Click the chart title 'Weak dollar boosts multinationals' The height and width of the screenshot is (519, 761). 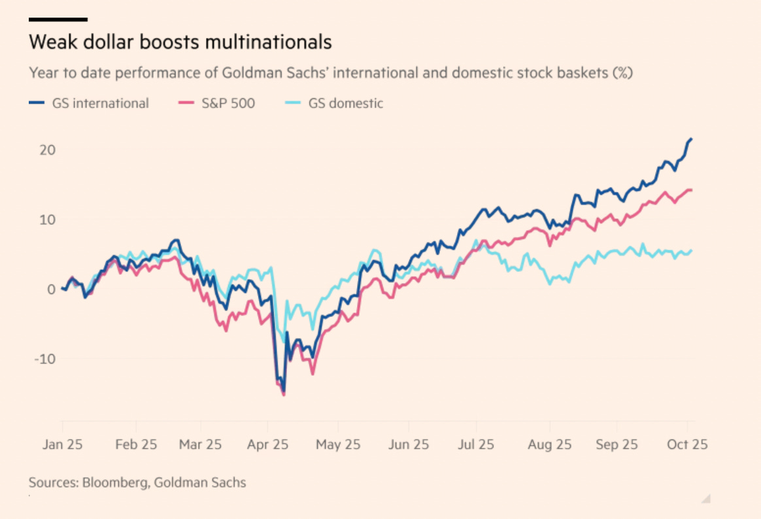[180, 42]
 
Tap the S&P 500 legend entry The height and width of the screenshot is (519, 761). [216, 103]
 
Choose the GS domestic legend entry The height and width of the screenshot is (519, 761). [336, 103]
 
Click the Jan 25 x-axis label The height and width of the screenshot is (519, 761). [62, 444]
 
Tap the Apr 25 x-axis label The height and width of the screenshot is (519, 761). [268, 444]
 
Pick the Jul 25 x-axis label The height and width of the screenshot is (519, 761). [476, 444]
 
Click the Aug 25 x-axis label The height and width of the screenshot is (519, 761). [550, 444]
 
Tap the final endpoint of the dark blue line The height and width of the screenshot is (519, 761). [692, 139]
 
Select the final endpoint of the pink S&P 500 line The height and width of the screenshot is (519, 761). [692, 190]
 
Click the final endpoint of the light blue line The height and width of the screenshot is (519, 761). [692, 250]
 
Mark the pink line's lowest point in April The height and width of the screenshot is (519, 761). [284, 395]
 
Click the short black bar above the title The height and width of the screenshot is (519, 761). [58, 20]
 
